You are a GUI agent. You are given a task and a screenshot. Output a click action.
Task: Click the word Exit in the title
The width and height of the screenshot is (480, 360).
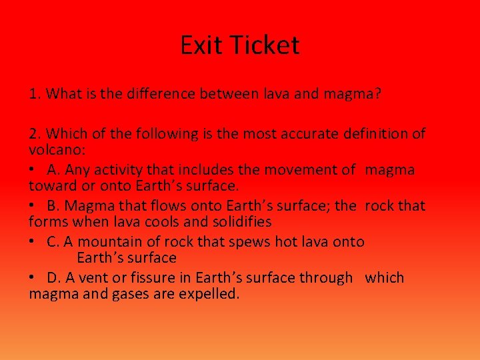(x=203, y=45)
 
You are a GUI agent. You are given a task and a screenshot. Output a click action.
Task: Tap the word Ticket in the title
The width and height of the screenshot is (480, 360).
(x=265, y=45)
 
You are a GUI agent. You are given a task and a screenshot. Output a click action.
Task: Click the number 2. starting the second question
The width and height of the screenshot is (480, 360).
(x=35, y=134)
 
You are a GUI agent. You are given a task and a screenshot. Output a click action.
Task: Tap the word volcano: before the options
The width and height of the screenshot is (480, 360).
(x=55, y=149)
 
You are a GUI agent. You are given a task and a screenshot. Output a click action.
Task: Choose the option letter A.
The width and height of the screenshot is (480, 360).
(x=53, y=170)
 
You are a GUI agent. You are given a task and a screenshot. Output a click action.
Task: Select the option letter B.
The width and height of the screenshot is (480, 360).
(x=53, y=206)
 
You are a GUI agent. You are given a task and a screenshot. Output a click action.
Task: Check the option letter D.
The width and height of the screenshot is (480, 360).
(x=53, y=278)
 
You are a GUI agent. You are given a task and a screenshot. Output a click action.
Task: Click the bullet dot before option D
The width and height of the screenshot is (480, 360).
(x=33, y=278)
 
